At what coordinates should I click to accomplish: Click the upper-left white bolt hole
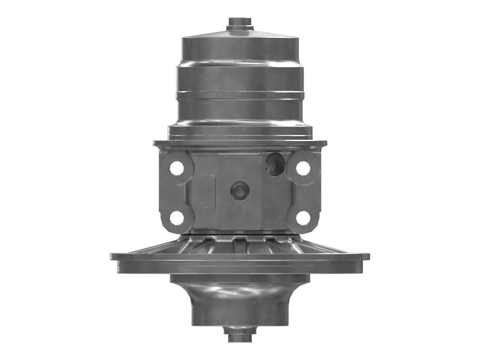click(x=176, y=169)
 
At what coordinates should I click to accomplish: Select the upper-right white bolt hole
click(x=304, y=169)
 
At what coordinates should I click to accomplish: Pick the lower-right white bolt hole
click(x=304, y=218)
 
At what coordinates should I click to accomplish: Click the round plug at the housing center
click(x=239, y=191)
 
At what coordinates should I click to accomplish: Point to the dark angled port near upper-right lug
click(x=276, y=164)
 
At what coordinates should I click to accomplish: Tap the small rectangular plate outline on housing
click(x=208, y=192)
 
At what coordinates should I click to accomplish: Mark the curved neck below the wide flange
click(x=240, y=300)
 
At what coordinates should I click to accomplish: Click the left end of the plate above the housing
click(x=157, y=144)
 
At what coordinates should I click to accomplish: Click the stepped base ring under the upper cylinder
click(x=240, y=129)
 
